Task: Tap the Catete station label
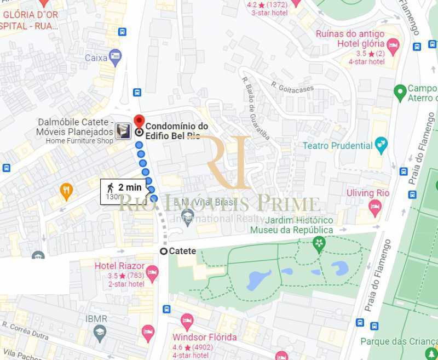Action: coord(182,251)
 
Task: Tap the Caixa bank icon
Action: coord(115,56)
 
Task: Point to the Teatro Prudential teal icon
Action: coord(381,146)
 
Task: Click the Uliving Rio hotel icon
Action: coord(374,207)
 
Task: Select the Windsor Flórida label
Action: coord(204,337)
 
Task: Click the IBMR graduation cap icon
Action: coord(99,332)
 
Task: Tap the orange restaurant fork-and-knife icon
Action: coord(66,191)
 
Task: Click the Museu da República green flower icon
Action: coord(319,243)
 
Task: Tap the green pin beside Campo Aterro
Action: coord(400,90)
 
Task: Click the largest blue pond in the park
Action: coord(258,279)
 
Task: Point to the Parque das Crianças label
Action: coord(399,341)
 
